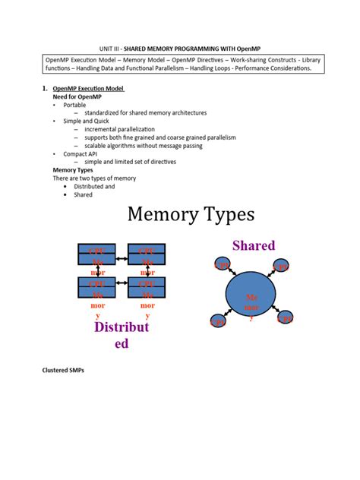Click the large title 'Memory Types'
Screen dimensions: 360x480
[x=190, y=216]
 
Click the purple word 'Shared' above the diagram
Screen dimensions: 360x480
[x=254, y=246]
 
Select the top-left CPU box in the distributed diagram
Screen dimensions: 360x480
[x=96, y=253]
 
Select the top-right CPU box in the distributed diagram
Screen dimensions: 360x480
[x=147, y=253]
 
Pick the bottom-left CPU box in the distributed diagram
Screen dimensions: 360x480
[x=96, y=286]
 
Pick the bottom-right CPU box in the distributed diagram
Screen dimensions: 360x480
[x=147, y=286]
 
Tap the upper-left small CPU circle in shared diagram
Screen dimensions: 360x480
[x=223, y=264]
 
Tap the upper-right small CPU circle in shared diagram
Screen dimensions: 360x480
[x=281, y=266]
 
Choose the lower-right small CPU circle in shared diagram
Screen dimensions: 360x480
[x=286, y=318]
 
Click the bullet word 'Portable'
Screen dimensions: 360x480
[x=74, y=105]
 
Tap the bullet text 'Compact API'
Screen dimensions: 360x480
[x=81, y=153]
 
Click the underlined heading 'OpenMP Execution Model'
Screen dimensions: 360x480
[x=88, y=89]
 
